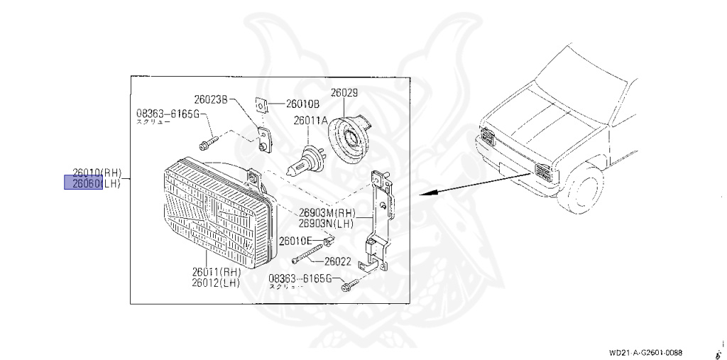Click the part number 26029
(x=344, y=93)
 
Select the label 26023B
(x=210, y=99)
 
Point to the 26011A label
(x=311, y=121)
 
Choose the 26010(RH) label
(x=98, y=173)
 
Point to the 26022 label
(x=336, y=261)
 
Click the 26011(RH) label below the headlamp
(x=215, y=271)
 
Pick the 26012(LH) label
(x=215, y=282)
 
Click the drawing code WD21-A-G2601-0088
(x=645, y=352)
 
